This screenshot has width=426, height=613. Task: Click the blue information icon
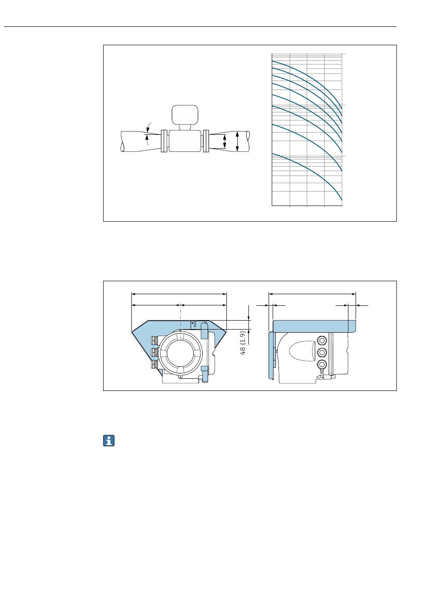[109, 441]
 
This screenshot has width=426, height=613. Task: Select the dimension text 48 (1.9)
[243, 343]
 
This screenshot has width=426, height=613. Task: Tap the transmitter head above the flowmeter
[185, 114]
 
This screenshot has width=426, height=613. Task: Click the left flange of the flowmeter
[164, 141]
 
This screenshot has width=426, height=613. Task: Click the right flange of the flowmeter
[206, 141]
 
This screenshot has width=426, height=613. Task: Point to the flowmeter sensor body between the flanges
[185, 141]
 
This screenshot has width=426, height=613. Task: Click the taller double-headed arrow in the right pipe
[237, 141]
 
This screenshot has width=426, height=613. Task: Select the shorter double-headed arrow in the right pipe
[225, 141]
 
